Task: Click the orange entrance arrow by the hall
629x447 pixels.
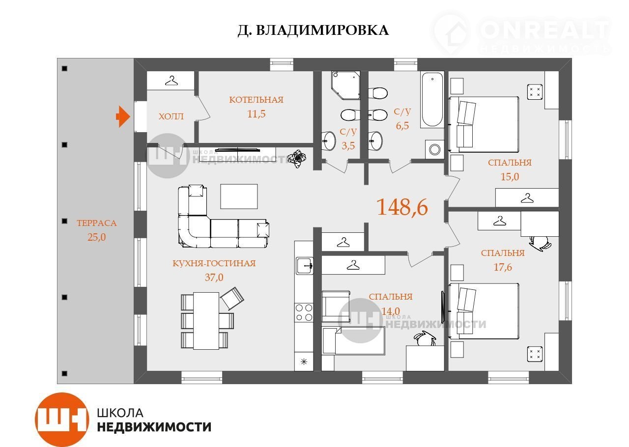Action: coord(123,116)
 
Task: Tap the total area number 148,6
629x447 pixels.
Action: coord(402,207)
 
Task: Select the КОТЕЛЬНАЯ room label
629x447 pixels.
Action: coord(256,100)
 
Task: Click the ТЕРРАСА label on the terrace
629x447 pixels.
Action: coord(97,223)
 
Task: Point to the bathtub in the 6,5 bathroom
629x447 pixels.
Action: coord(432,100)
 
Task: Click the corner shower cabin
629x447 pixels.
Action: coord(345,85)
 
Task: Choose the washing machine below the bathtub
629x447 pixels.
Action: coord(434,149)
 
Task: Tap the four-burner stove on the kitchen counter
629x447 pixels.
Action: coord(304,312)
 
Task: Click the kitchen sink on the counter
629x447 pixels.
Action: coord(304,266)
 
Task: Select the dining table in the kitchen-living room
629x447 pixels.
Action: coord(206,321)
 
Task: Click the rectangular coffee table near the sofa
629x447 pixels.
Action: coord(239,196)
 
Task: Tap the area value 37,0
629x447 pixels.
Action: coord(214,278)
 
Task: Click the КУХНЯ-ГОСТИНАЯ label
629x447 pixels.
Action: coord(214,263)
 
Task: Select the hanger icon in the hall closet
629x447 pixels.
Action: coord(172,81)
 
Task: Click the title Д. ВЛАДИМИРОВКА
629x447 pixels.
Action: coord(313,30)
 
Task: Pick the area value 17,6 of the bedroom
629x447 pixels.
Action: coord(503,267)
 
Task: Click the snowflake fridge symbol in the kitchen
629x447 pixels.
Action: coord(304,362)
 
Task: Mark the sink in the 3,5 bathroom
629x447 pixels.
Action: coord(329,140)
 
